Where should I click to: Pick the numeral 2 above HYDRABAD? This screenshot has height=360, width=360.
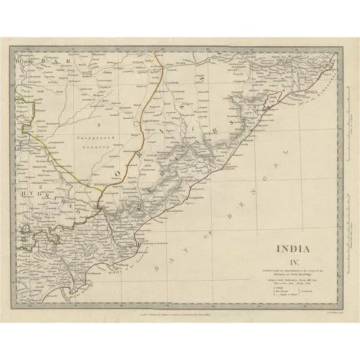click(40, 186)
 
